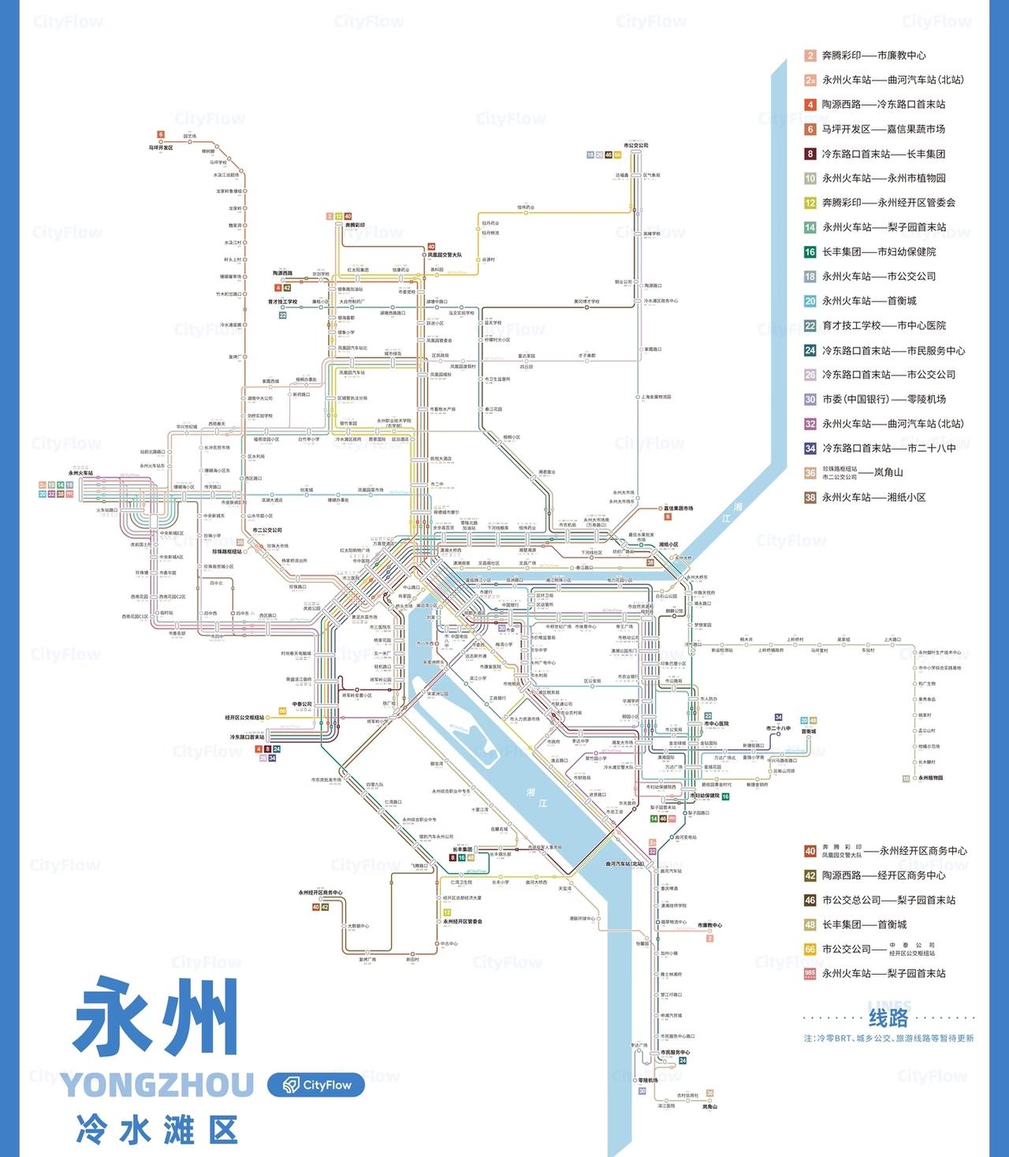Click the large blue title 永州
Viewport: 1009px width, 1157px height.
[x=157, y=1017]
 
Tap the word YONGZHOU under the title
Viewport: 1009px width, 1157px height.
[x=157, y=1085]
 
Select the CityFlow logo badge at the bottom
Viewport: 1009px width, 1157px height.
[x=316, y=1085]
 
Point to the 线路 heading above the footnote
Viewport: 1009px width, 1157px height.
[x=888, y=1018]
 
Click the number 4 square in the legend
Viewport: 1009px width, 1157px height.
[x=810, y=104]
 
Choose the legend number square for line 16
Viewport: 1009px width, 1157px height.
[x=810, y=252]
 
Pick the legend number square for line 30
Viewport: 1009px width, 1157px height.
[x=810, y=399]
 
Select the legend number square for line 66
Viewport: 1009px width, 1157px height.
[x=810, y=949]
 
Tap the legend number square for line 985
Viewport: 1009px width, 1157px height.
[x=810, y=973]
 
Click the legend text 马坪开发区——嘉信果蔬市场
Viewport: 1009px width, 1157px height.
[x=883, y=129]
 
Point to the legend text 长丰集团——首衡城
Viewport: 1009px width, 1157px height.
[x=864, y=924]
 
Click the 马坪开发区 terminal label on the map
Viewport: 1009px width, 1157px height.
[x=161, y=147]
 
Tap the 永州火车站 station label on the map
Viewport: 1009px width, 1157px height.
[x=80, y=473]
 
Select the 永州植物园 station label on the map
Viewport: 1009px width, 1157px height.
[x=930, y=778]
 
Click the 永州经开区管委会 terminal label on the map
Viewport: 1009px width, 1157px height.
[x=463, y=921]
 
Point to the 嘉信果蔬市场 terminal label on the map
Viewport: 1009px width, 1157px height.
[x=678, y=509]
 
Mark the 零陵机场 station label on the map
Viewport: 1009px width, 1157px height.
[x=648, y=1080]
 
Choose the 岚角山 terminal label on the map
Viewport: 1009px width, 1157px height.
[x=709, y=1107]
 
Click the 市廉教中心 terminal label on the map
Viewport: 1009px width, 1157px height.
[x=709, y=925]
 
